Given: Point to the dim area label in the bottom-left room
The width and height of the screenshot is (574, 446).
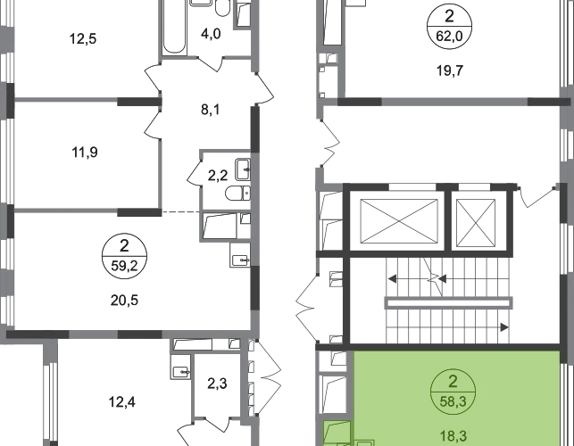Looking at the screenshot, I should (121, 403).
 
